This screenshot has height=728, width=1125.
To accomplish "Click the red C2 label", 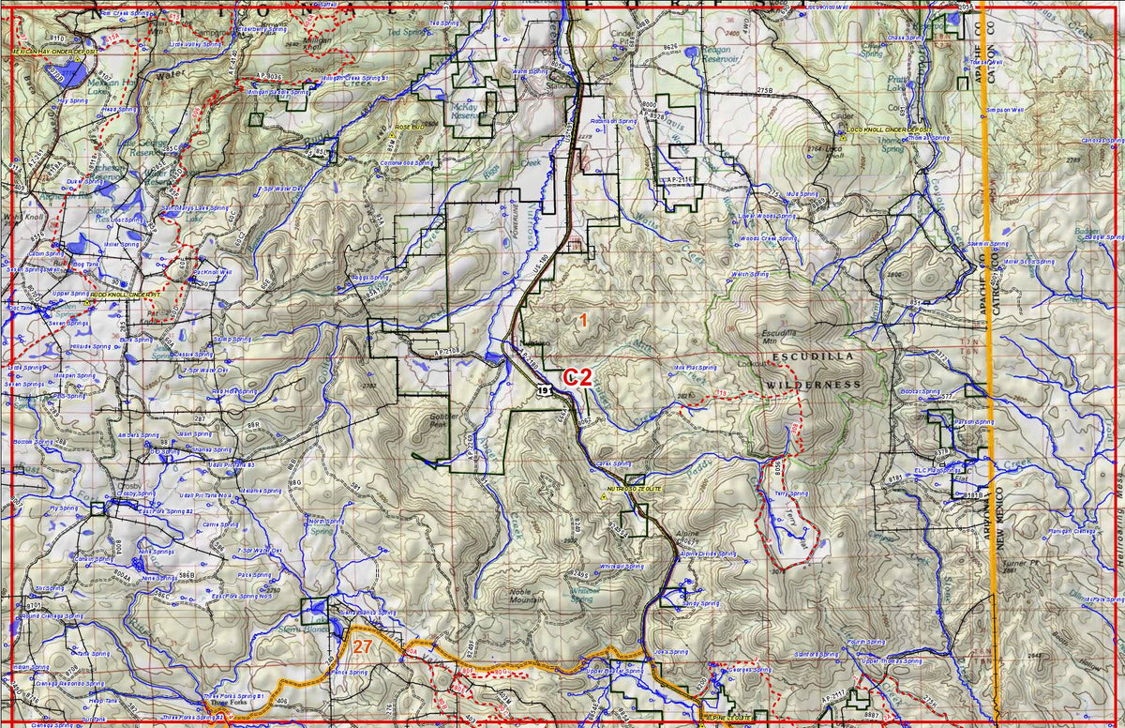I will pyautogui.click(x=577, y=377).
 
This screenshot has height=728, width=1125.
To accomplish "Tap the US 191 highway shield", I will pyautogui.click(x=545, y=387).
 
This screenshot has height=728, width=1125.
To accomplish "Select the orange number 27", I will pyautogui.click(x=363, y=645).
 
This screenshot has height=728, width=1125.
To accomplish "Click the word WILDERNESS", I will pyautogui.click(x=813, y=385).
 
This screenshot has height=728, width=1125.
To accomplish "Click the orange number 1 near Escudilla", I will pyautogui.click(x=582, y=321).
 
